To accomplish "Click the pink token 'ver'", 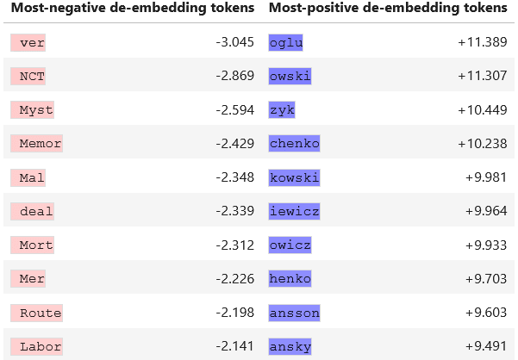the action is click(28, 42).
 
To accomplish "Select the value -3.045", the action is click(235, 42).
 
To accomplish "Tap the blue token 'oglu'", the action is click(286, 42).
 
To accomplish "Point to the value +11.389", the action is click(483, 42).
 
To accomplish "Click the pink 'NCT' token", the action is click(28, 77).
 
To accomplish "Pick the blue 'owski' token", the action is click(290, 77).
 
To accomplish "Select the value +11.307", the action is click(483, 76).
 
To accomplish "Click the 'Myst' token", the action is click(32, 110).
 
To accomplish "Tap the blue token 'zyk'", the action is click(282, 110).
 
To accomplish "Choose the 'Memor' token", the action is click(36, 144).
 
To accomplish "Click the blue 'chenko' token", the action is click(295, 144).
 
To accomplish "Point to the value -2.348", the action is click(235, 177).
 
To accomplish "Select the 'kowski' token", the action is click(295, 178).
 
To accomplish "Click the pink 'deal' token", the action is click(32, 212).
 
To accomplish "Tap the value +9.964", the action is click(486, 211).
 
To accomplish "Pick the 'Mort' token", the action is click(32, 245).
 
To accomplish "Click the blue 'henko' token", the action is click(290, 279).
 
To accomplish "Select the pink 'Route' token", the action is click(36, 313).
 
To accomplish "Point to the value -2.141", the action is click(235, 346).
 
